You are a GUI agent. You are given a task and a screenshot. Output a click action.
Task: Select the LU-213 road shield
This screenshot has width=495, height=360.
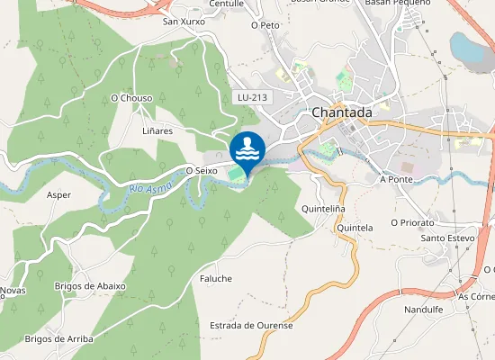(x=253, y=96)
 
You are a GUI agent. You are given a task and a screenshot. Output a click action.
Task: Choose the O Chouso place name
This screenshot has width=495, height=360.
(x=130, y=97)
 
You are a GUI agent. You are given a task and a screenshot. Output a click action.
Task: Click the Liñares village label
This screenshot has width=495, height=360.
(x=157, y=130)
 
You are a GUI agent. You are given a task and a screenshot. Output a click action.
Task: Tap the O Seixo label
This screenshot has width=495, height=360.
(x=203, y=169)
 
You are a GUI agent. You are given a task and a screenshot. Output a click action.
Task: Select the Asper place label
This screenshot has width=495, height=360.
(x=58, y=194)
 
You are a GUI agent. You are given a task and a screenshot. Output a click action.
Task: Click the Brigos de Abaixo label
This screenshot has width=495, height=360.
(x=90, y=285)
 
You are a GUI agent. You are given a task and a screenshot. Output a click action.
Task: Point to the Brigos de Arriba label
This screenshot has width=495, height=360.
(x=59, y=338)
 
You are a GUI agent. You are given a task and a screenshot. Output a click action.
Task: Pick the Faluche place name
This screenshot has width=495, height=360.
(x=216, y=278)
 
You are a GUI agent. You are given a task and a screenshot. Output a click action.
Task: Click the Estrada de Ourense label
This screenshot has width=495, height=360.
(x=251, y=325)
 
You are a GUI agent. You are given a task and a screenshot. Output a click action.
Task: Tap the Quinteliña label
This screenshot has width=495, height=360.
(x=324, y=209)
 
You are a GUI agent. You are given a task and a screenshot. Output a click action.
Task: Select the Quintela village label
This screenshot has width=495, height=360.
(x=354, y=228)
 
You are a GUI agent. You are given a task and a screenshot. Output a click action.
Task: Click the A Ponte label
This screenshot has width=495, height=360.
(x=396, y=179)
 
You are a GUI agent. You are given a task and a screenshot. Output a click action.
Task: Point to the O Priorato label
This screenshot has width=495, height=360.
(x=412, y=221)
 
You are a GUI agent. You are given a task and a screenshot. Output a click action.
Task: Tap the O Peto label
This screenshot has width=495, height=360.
(x=265, y=25)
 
